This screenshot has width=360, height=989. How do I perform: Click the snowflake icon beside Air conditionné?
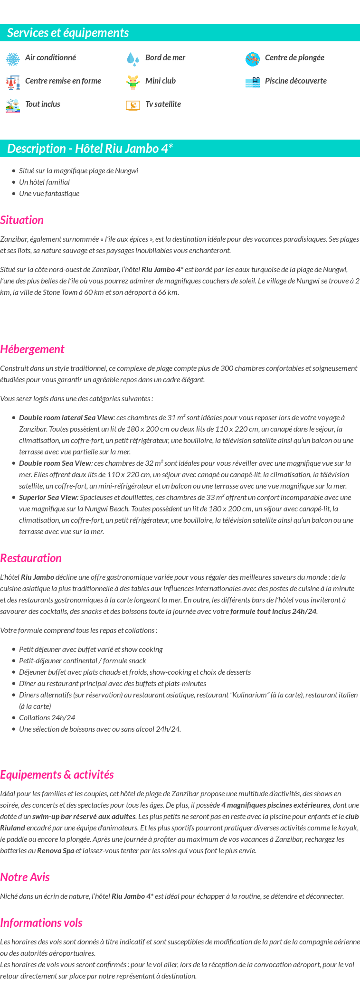pos(13,59)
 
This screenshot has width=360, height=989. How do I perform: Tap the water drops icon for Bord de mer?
pos(133,59)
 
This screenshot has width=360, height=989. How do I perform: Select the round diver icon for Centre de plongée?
pos(253,59)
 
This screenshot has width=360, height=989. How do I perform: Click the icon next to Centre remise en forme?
pos(13,82)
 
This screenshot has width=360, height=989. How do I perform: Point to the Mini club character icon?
pos(133,82)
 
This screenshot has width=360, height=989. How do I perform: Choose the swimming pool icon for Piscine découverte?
pos(253,82)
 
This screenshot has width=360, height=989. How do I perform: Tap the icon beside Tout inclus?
pos(13,105)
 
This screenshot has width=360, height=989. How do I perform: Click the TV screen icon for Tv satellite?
pos(133,105)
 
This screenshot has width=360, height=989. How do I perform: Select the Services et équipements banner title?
pos(68,33)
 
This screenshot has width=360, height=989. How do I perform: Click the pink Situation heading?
pos(22,220)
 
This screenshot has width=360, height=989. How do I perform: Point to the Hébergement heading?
pos(32,349)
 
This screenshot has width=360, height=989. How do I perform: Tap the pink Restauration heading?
pos(31,558)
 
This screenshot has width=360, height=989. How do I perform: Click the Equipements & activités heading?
pos(57,774)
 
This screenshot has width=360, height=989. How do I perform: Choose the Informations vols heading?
pos(41,923)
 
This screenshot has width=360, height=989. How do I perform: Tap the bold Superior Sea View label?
pos(48,498)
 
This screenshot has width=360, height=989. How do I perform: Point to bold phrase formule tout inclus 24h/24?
pos(273,612)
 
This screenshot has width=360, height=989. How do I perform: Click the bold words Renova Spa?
pos(56,850)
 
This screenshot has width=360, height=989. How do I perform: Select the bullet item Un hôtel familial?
pos(44,182)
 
